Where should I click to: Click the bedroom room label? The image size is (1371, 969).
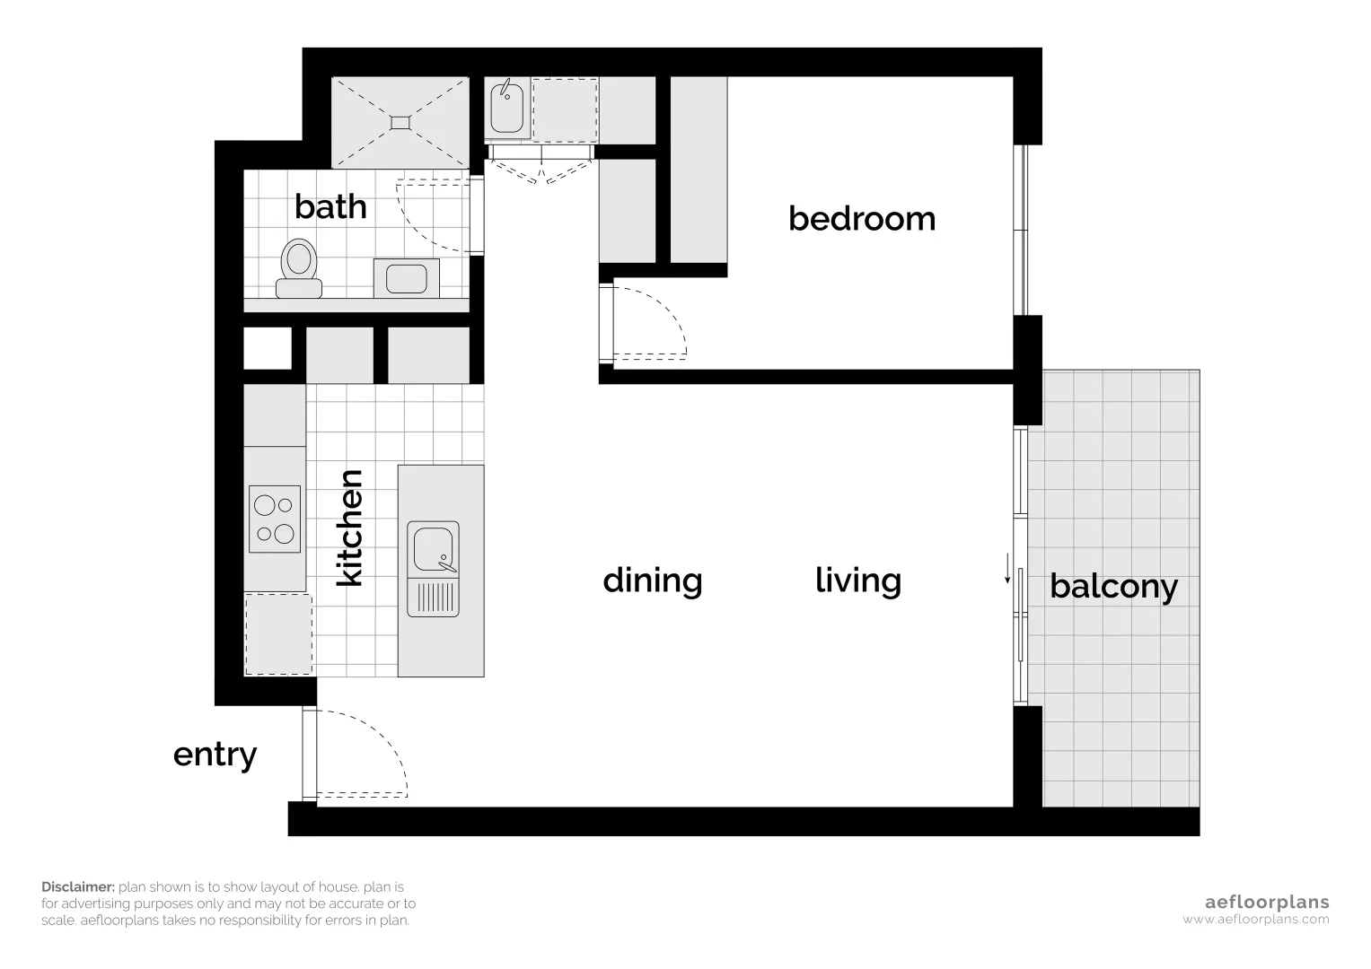861,219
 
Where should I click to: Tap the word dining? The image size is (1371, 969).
652,581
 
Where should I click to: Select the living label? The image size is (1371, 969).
857,581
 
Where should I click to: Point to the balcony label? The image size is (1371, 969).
1113,587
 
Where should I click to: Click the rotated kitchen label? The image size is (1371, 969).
349,528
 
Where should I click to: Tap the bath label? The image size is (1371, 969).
330,207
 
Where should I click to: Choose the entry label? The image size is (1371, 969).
215,755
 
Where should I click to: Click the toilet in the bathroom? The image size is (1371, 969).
298,267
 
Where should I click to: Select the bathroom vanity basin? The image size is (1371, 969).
406,278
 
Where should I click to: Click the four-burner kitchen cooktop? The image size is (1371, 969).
275,519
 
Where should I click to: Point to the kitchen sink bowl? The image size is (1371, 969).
434,547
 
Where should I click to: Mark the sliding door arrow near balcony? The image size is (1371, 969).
1007,569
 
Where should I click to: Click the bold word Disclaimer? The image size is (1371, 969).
77,886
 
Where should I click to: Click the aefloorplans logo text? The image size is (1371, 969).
1266,903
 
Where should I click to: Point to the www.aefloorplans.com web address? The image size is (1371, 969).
1255,920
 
